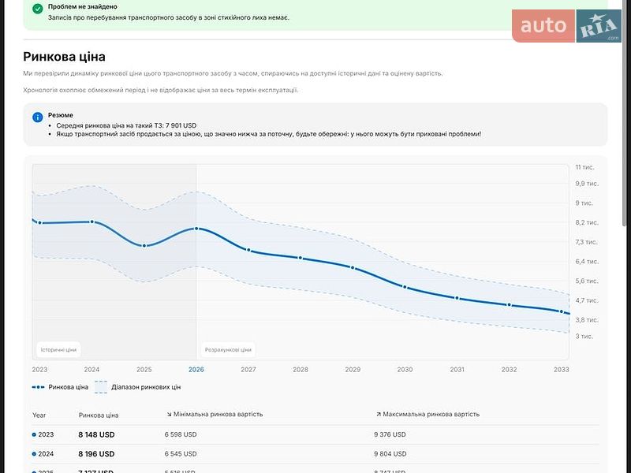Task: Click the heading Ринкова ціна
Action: [64, 57]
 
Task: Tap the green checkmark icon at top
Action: [38, 9]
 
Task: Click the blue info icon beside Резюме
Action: [38, 117]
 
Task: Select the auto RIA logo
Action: [566, 26]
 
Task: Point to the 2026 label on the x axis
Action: [196, 369]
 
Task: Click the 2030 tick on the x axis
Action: [405, 369]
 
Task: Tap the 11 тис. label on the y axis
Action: [584, 167]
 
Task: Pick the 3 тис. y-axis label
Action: [584, 336]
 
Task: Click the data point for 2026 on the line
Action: [196, 229]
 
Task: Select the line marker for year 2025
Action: [144, 246]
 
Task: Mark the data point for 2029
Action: [353, 268]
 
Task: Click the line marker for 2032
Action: [510, 305]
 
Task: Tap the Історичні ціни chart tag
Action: [58, 349]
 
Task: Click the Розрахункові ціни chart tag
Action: [228, 349]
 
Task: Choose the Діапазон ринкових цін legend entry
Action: [138, 387]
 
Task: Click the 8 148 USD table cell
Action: [96, 434]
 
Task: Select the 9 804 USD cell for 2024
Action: [390, 454]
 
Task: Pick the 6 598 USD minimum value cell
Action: [181, 434]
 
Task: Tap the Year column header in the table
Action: [39, 415]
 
